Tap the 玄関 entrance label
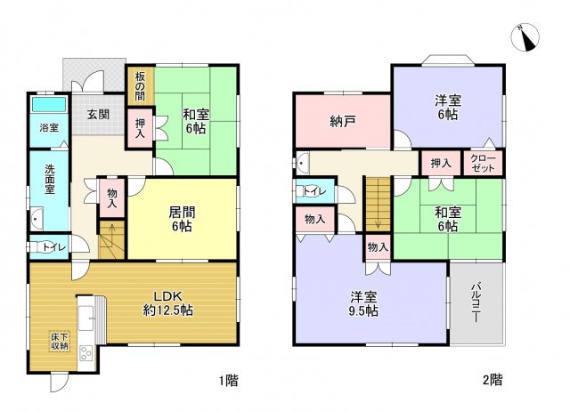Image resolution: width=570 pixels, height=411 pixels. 99,115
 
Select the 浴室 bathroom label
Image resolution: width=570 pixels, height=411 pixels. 49,128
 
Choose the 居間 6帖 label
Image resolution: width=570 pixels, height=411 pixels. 183,219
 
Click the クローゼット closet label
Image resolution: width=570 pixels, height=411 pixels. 484,163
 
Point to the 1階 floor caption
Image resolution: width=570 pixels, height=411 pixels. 227,381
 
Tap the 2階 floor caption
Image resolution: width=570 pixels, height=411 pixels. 492,381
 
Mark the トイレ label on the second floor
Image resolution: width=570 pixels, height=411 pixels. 314,191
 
